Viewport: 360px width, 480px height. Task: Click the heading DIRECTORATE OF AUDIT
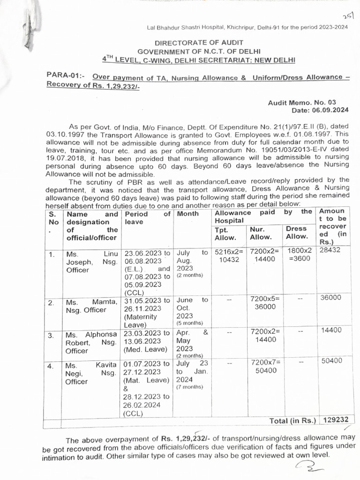coord(199,42)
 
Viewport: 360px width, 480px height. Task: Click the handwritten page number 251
coord(347,15)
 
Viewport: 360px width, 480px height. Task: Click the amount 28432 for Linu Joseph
coord(330,250)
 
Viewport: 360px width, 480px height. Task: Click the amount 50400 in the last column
coord(331,360)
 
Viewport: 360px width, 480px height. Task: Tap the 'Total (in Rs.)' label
coord(293,420)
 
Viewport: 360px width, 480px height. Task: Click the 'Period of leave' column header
coord(147,217)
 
